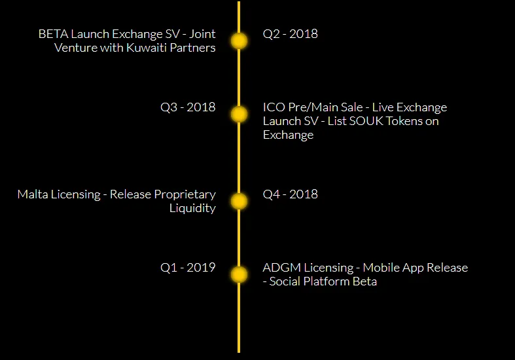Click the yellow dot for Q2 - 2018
[x=239, y=41]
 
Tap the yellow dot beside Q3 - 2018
[x=239, y=115]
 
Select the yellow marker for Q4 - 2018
[x=239, y=202]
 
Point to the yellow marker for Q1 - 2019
[x=239, y=275]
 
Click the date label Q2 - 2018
[x=291, y=34]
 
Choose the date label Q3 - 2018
[x=188, y=107]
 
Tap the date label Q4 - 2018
[x=291, y=194]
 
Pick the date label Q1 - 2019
[x=188, y=267]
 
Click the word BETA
[x=53, y=34]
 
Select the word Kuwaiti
[x=147, y=48]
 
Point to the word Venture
[x=75, y=48]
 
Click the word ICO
[x=274, y=107]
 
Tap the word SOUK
[x=366, y=121]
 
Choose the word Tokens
[x=404, y=121]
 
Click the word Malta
[x=33, y=194]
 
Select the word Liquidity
[x=192, y=208]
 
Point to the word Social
[x=285, y=281]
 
